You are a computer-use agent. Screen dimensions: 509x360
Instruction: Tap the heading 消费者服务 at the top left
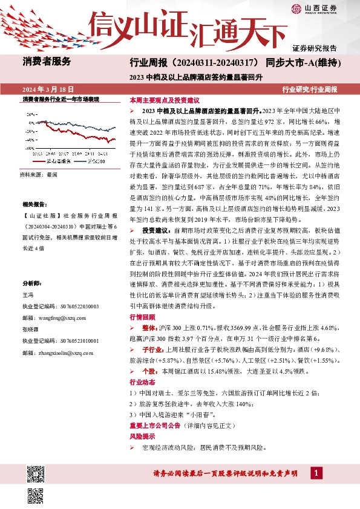click(47, 61)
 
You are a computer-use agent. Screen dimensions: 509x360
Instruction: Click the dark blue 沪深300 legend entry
click(94, 161)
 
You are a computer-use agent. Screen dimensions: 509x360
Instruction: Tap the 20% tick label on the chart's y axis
click(30, 112)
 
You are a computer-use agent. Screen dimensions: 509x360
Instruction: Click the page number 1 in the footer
click(316, 472)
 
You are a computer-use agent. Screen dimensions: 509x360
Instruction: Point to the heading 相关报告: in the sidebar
click(36, 205)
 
